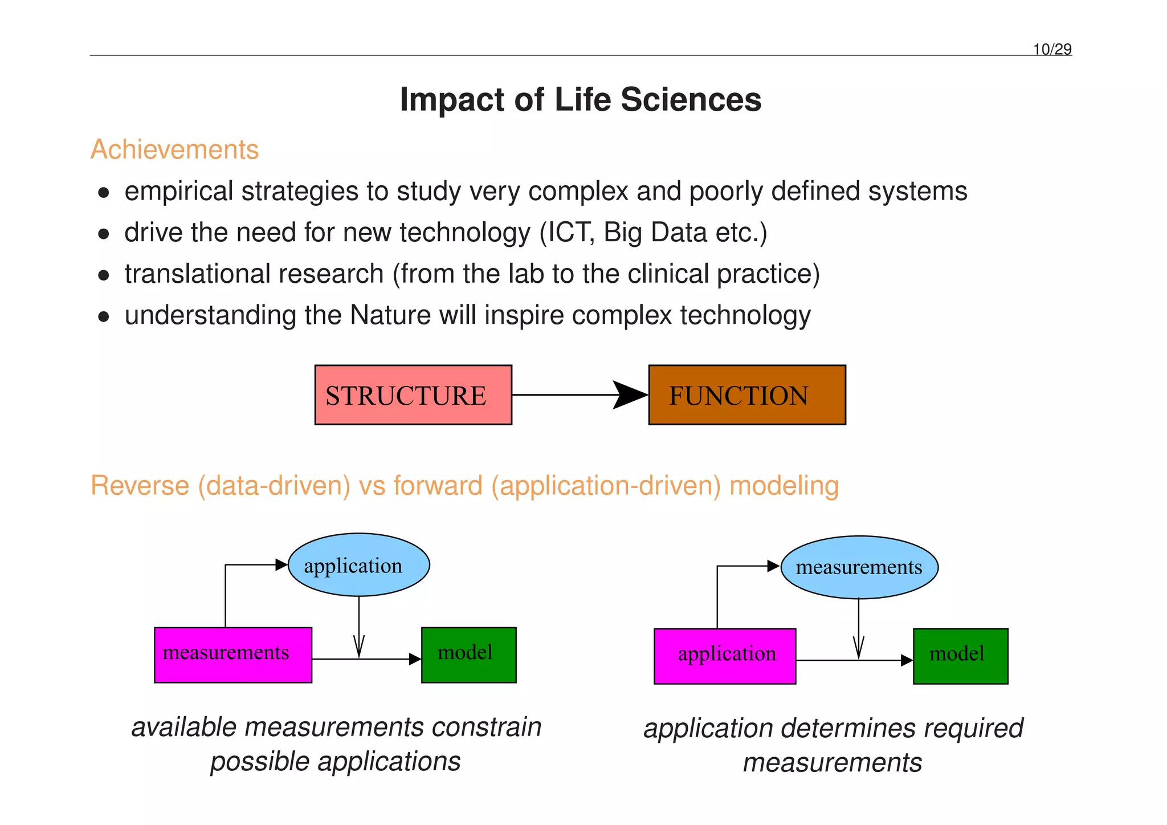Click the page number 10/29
point(1052,50)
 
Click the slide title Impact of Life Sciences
point(580,100)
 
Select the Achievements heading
point(174,150)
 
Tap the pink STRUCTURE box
point(413,395)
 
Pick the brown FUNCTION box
point(746,395)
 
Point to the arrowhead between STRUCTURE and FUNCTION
point(630,395)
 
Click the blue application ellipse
point(358,565)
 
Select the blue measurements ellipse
point(859,567)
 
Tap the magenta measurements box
point(232,655)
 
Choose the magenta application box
point(724,656)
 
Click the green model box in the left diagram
point(468,655)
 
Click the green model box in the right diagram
point(960,656)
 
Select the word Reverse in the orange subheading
point(140,486)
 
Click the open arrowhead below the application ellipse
point(359,647)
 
